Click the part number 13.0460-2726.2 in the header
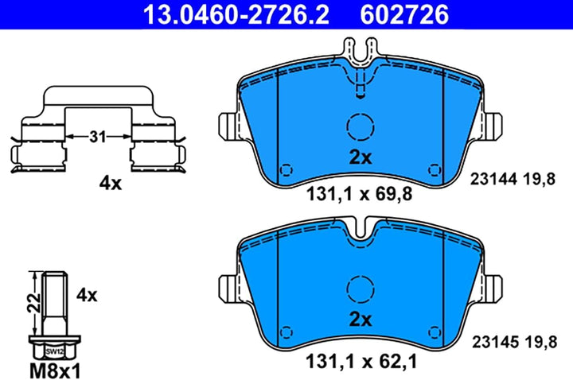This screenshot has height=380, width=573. point(236,14)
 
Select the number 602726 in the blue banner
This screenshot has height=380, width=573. point(404,14)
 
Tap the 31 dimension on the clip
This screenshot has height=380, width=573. point(98,137)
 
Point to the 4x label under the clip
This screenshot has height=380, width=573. point(111,184)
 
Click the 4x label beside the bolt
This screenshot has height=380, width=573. point(87,295)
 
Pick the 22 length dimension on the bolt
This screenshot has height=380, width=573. point(33,302)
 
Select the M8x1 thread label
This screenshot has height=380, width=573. point(55,371)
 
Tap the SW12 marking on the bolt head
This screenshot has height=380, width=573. point(55,352)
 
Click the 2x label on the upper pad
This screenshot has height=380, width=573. point(361,157)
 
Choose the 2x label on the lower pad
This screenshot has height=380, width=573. point(361,320)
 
